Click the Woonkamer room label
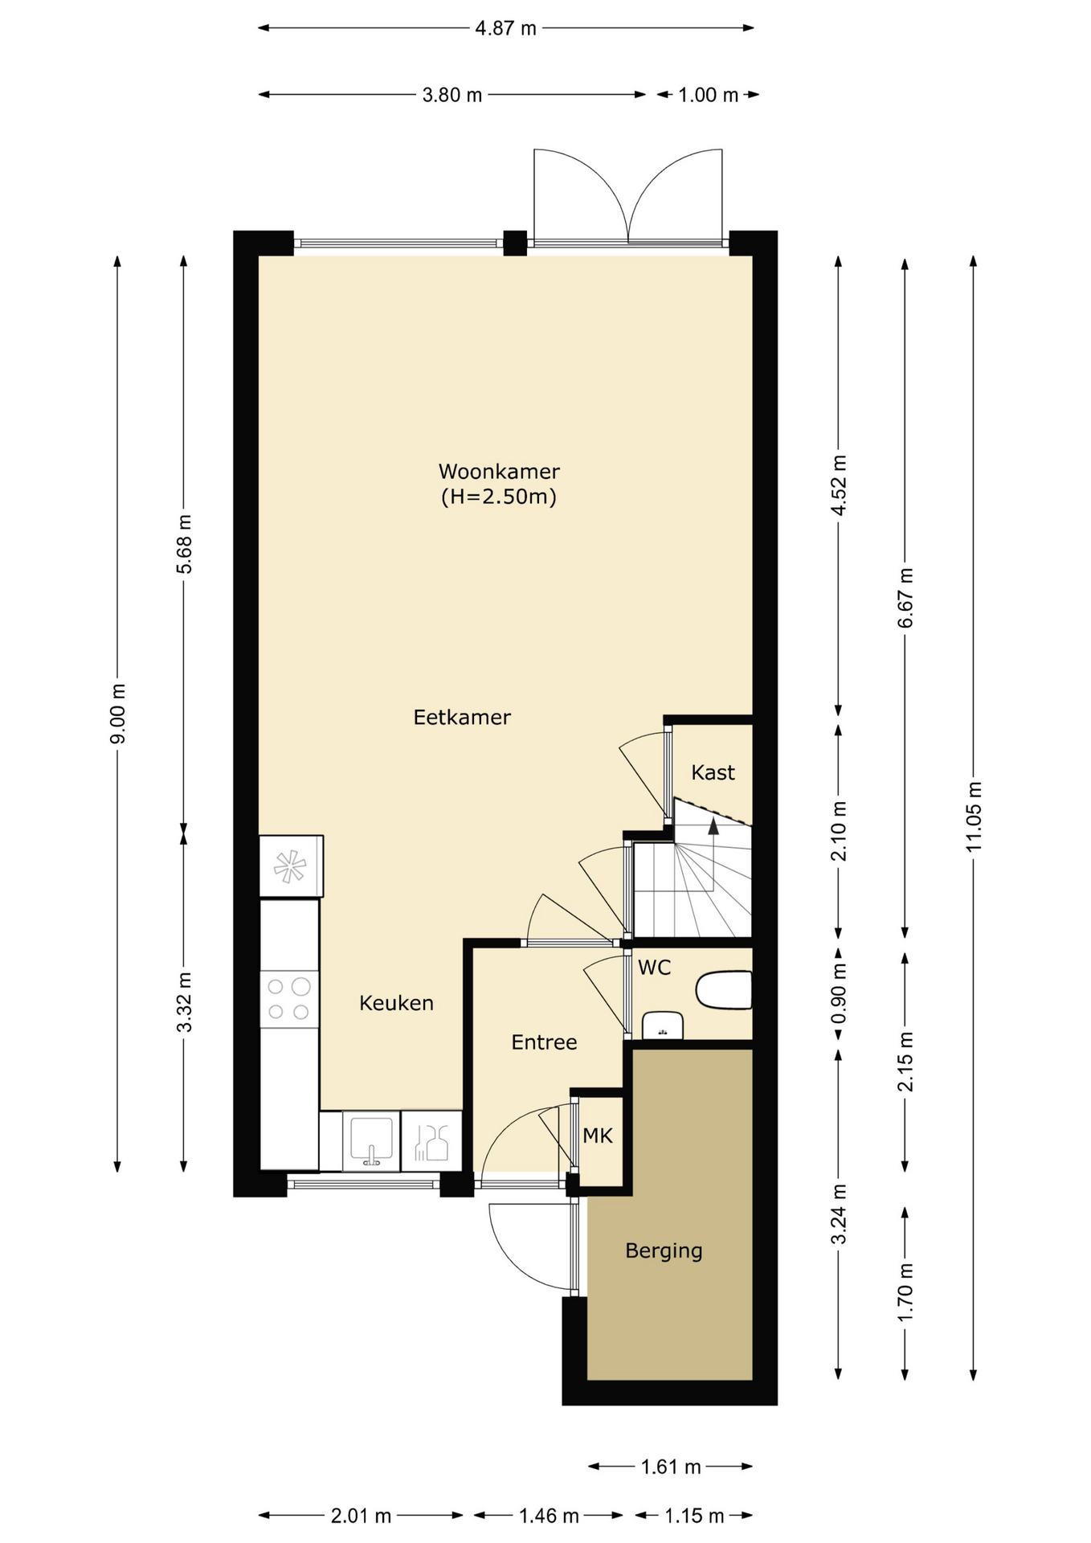499,472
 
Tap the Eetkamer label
462,717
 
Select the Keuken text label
396,1003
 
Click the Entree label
544,1042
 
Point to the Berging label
664,1251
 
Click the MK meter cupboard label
598,1136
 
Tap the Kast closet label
713,772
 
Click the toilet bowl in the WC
724,990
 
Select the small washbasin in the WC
663,1025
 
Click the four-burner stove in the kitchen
289,999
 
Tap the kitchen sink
371,1140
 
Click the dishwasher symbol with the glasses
431,1140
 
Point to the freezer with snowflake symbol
291,866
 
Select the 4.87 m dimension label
505,29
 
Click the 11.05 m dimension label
974,817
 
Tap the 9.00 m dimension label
117,714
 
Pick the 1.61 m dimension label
671,1467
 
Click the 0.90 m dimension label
839,994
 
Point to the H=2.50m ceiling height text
499,497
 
